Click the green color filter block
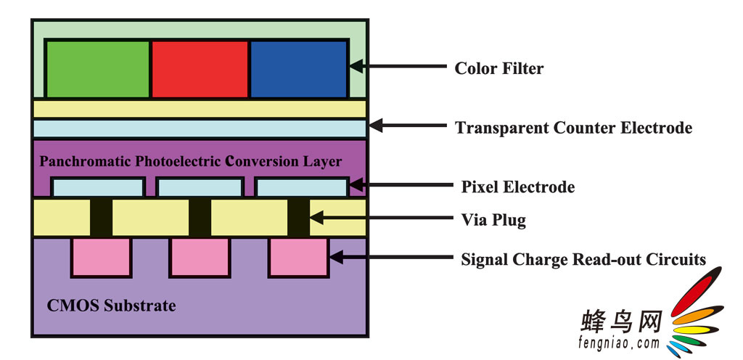pos(98,68)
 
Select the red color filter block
pos(200,68)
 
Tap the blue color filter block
pos(298,68)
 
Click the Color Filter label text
pos(498,69)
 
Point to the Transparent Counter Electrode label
pos(573,128)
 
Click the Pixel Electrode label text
pos(517,187)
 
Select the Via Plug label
pos(493,220)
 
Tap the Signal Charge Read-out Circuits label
pos(583,259)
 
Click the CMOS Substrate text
pos(111,305)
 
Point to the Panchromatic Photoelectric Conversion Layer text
pos(190,161)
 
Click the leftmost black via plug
pos(102,218)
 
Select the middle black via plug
pos(200,218)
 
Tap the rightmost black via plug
pos(298,218)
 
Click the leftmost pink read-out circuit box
pos(102,256)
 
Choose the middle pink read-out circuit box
pos(200,256)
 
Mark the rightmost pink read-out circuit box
pos(298,256)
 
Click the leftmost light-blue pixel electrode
pos(98,187)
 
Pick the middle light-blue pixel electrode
pos(200,187)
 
